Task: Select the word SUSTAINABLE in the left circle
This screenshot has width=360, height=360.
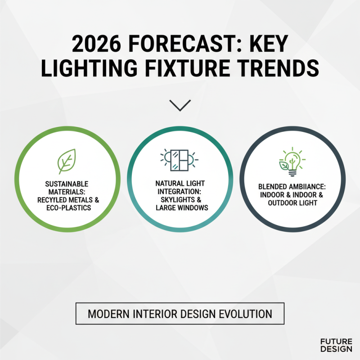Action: point(67,184)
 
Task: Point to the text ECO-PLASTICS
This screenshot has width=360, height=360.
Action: point(67,207)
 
